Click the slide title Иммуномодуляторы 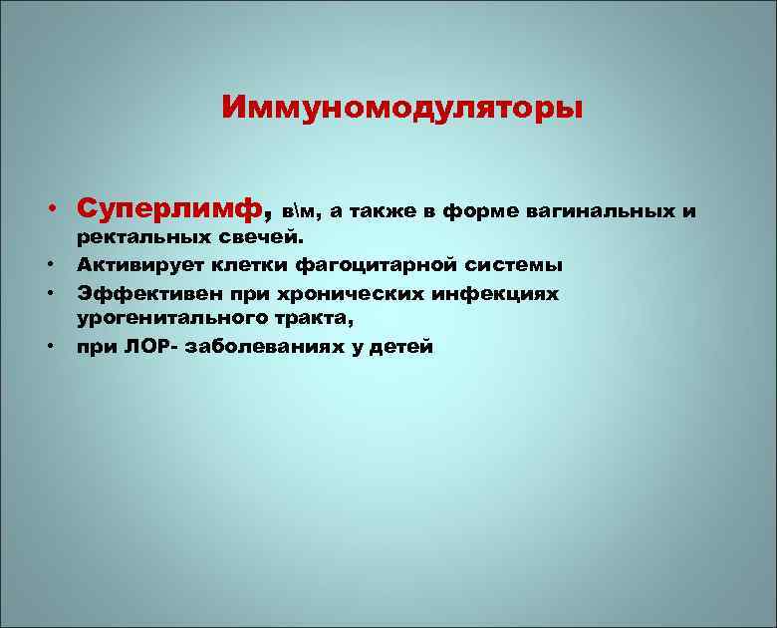pyautogui.click(x=402, y=107)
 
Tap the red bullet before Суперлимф pyautogui.click(x=48, y=210)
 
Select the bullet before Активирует pyautogui.click(x=48, y=265)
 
